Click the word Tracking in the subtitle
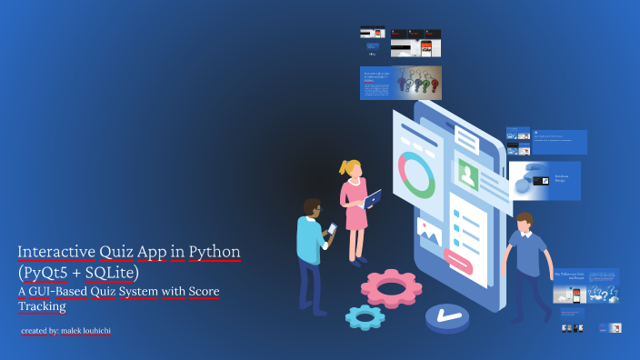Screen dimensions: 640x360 pos(42,307)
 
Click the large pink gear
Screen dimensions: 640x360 pos(391,288)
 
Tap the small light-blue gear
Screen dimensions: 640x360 pos(365,315)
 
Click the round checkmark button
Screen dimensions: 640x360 pos(445,315)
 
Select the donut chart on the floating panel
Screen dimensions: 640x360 pos(417,175)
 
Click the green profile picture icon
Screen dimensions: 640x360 pos(468,174)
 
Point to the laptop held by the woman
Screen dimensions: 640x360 pos(373,197)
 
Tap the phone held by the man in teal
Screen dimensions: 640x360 pos(332,228)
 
